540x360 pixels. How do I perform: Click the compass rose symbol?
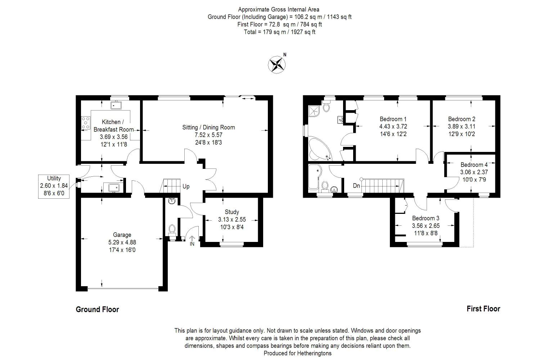tap(277, 65)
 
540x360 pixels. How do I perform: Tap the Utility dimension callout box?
tap(54, 186)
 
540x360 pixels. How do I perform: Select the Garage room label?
tap(122, 235)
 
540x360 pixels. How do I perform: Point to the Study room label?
tap(232, 212)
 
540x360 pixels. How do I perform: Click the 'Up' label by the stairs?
tap(186, 186)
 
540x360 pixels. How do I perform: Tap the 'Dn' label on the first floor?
tap(356, 186)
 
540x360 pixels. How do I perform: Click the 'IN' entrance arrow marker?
tap(192, 241)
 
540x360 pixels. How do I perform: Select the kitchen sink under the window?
tap(116, 105)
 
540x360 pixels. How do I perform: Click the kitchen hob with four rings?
tap(86, 123)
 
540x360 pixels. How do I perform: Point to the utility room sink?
tap(113, 187)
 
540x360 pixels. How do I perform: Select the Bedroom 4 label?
tap(474, 165)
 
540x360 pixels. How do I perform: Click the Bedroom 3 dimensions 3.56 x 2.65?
tap(426, 226)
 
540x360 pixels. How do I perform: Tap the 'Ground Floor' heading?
tap(98, 309)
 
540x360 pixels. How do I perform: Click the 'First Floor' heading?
tap(483, 309)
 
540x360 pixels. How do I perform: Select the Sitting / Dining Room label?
tap(208, 127)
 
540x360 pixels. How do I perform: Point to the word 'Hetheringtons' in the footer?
tap(314, 353)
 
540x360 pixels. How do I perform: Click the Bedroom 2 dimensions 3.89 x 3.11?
tap(462, 126)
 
